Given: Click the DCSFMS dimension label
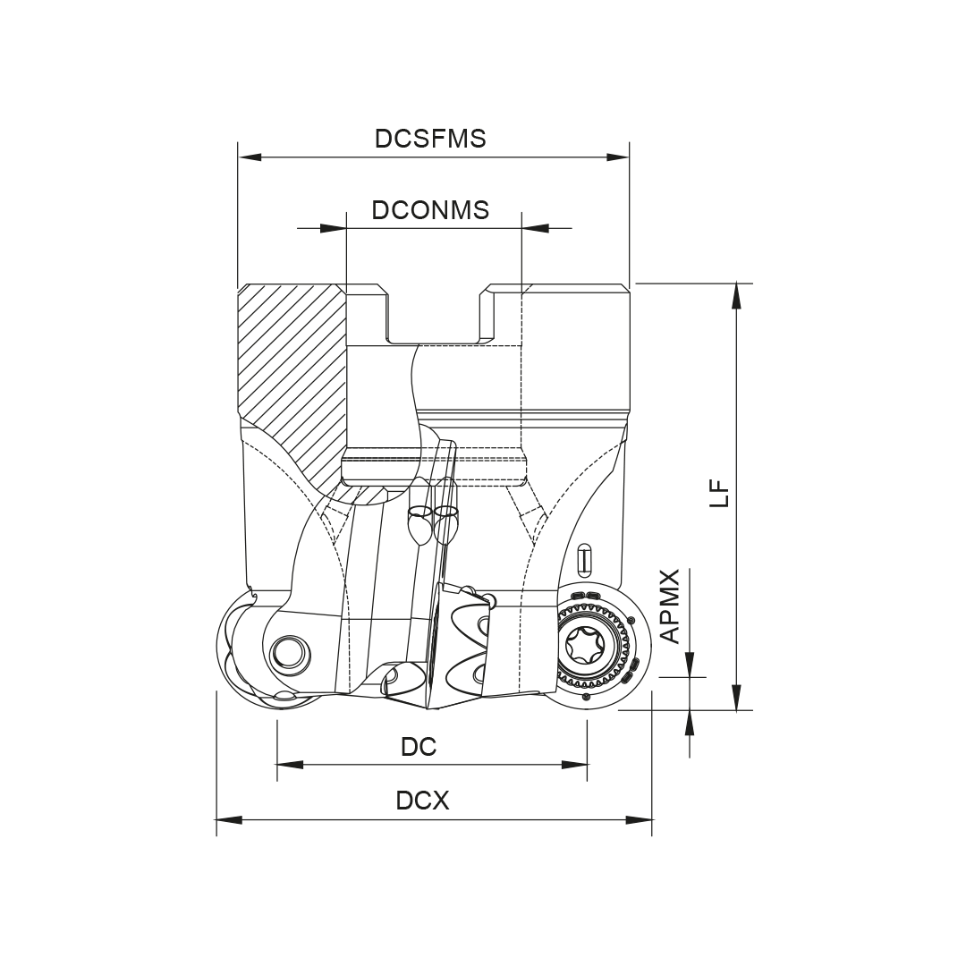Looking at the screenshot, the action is (430, 139).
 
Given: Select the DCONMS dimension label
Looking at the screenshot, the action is (430, 210).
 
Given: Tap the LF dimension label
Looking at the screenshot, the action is (719, 494).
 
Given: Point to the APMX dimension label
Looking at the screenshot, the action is (670, 606).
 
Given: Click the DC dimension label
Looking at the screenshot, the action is (419, 747).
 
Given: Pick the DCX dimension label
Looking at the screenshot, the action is (422, 801).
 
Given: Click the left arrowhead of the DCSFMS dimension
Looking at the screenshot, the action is (250, 157).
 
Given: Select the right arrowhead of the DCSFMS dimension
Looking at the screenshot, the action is (617, 157).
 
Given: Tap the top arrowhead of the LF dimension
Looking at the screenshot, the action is (735, 295).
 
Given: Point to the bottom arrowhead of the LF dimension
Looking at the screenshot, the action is (735, 698).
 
